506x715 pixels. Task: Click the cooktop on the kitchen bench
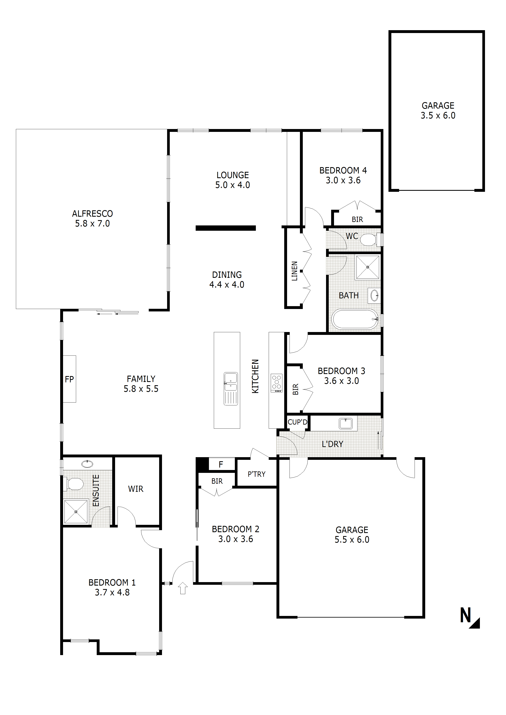pos(276,383)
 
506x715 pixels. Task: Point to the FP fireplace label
pos(69,379)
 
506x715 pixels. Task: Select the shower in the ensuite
pos(76,512)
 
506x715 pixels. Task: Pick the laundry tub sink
pos(346,424)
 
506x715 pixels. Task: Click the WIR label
pos(136,489)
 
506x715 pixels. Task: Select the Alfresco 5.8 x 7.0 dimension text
pos(92,224)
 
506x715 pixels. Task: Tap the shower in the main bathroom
pos(368,267)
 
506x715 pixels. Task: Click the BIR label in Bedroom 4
pos(357,220)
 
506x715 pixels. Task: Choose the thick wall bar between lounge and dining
pos(225,228)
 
